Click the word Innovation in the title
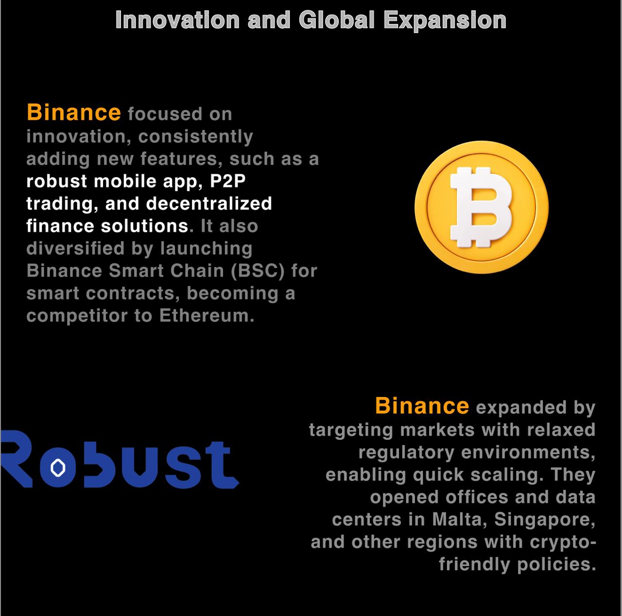pos(177,20)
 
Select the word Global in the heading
pos(337,20)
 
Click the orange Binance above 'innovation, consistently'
pos(74,112)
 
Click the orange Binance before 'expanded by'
pos(422,405)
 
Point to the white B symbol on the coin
pos(481,207)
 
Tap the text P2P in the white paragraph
pos(227,181)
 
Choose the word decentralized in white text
pos(209,203)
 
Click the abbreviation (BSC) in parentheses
pos(258,271)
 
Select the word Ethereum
pos(207,315)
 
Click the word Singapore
pos(545,520)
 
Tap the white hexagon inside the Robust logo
pos(58,468)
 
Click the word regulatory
pos(406,453)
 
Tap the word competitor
pos(77,316)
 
